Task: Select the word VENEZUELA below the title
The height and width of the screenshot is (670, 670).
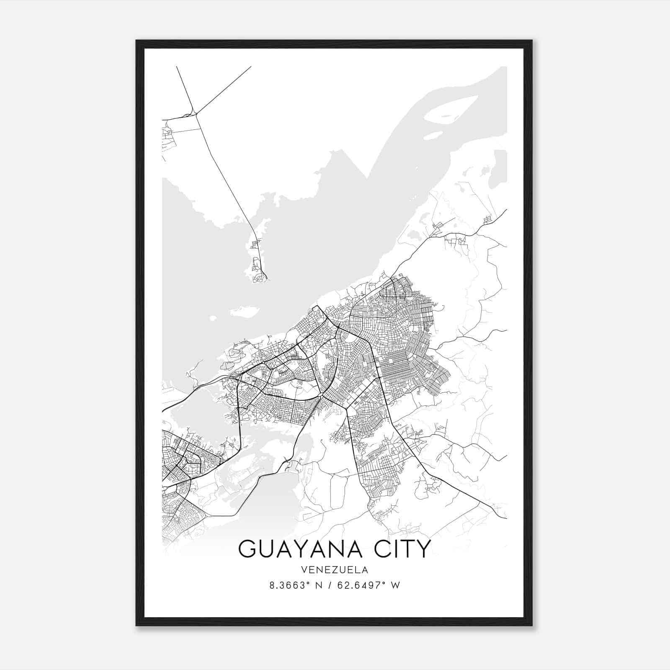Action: (x=335, y=570)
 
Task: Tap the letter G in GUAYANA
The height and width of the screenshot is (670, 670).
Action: (x=247, y=549)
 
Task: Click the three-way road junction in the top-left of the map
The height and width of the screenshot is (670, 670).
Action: (x=195, y=113)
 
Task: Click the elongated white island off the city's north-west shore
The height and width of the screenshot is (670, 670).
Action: (x=243, y=311)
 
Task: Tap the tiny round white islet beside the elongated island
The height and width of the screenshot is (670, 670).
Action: (x=213, y=318)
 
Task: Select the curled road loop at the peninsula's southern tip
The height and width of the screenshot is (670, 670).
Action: (x=261, y=277)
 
